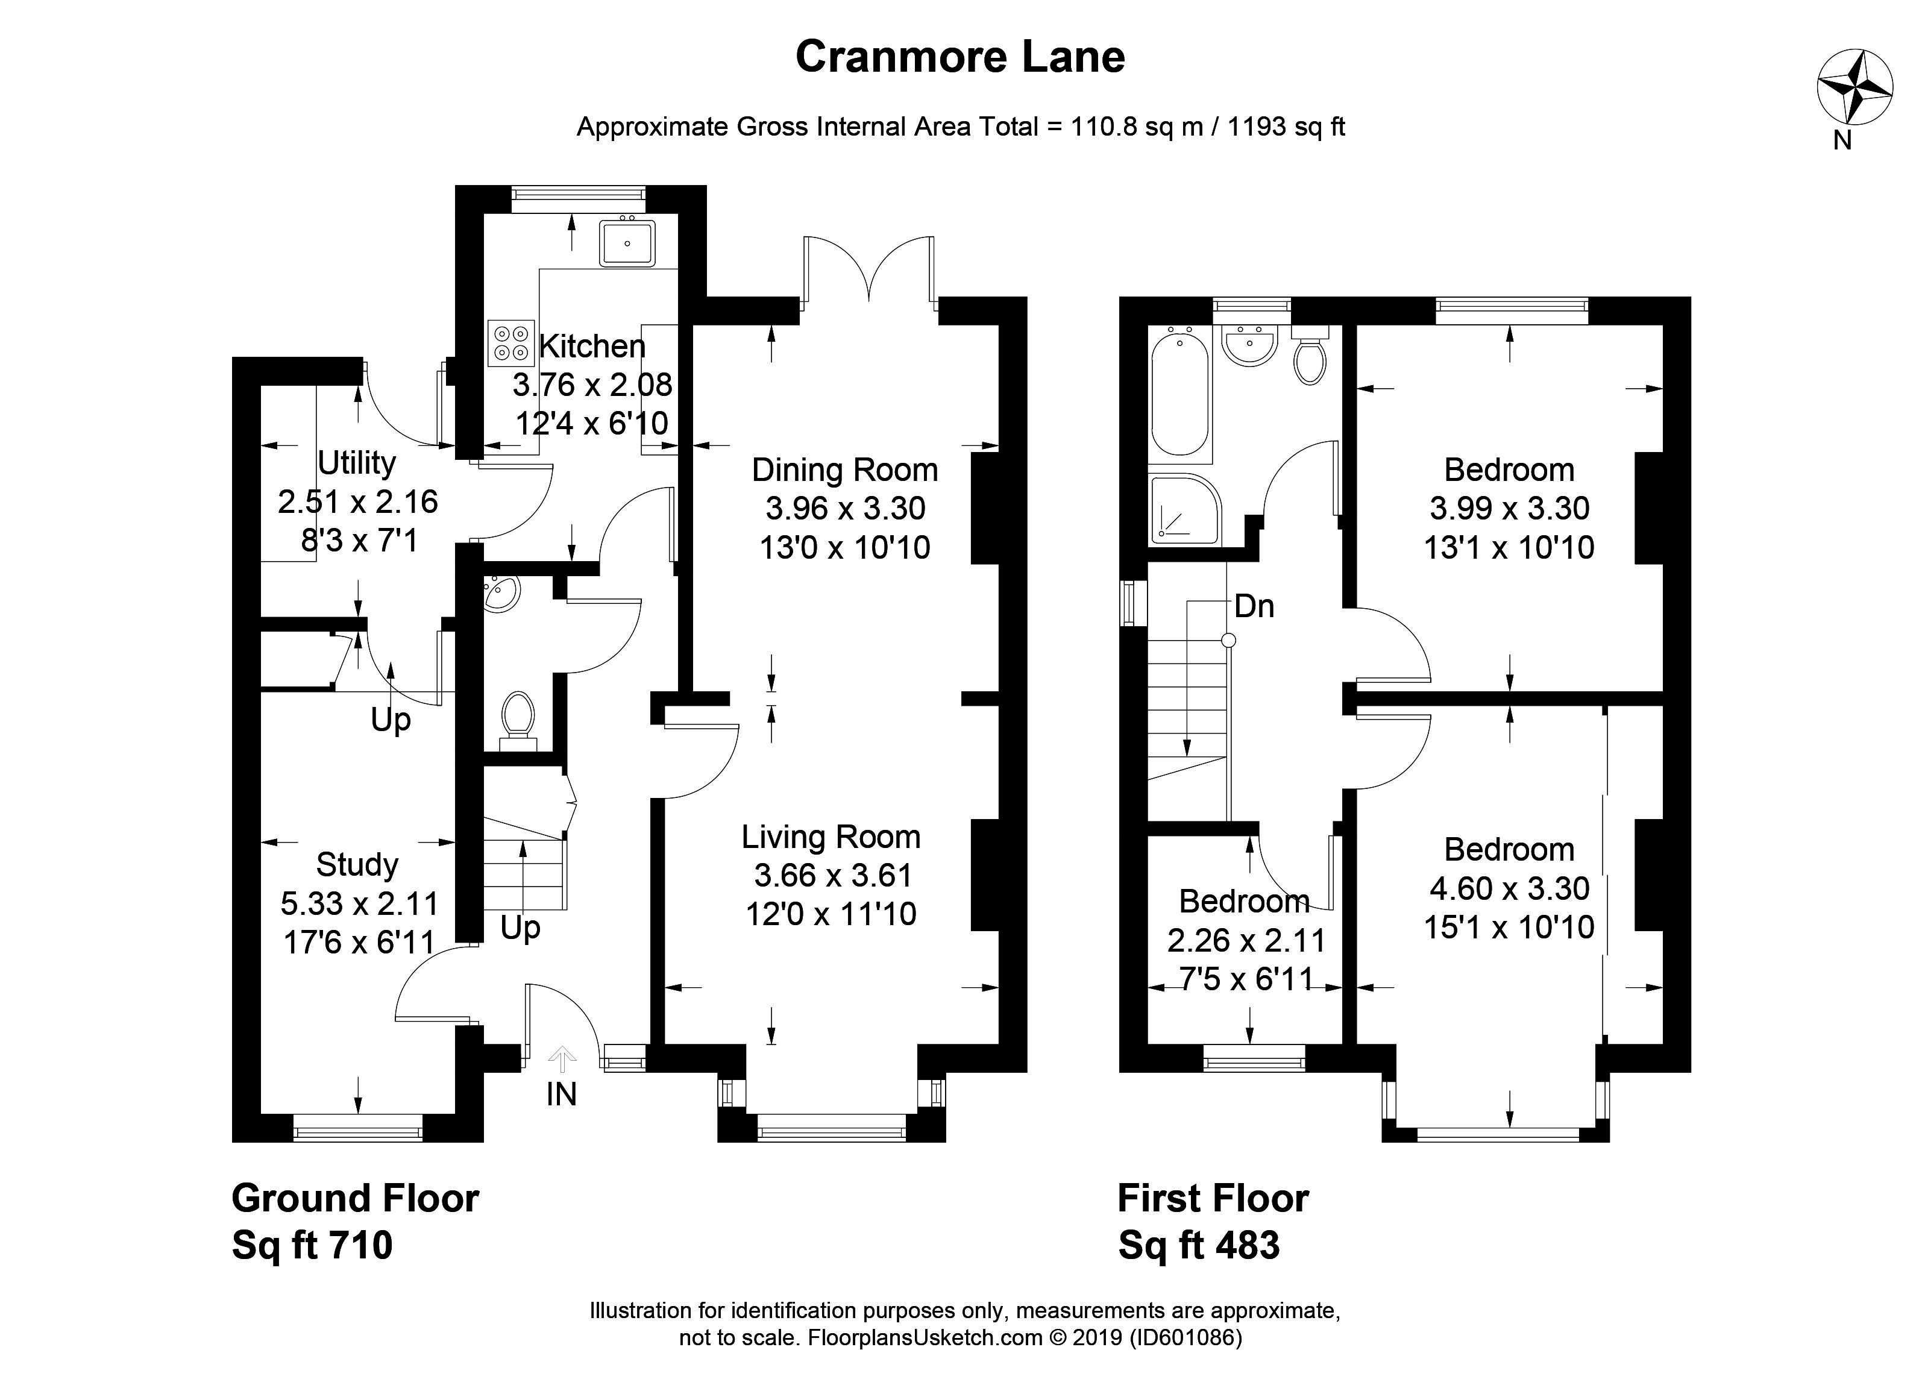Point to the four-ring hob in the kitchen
[511, 342]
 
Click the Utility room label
[357, 463]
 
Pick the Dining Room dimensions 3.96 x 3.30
[845, 509]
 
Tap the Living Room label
[831, 837]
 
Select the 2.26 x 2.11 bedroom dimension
[1246, 940]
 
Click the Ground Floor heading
[355, 1198]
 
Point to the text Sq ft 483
[1198, 1245]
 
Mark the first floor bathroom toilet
[1310, 357]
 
